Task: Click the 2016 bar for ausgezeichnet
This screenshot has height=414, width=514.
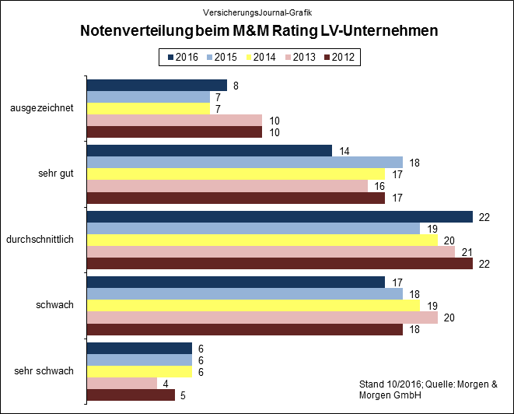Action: pyautogui.click(x=157, y=85)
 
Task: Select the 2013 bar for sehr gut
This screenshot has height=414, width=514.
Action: pyautogui.click(x=227, y=186)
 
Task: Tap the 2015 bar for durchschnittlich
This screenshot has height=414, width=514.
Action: pyautogui.click(x=254, y=228)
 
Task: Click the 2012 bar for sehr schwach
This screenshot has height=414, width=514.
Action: pyautogui.click(x=131, y=395)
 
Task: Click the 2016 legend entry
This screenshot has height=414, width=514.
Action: pyautogui.click(x=181, y=57)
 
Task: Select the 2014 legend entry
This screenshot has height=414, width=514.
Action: pyautogui.click(x=260, y=57)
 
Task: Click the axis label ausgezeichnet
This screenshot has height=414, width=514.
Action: pyautogui.click(x=42, y=108)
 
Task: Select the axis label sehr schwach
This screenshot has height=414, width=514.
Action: pyautogui.click(x=44, y=370)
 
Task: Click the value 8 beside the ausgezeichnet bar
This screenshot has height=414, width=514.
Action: pyautogui.click(x=235, y=86)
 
